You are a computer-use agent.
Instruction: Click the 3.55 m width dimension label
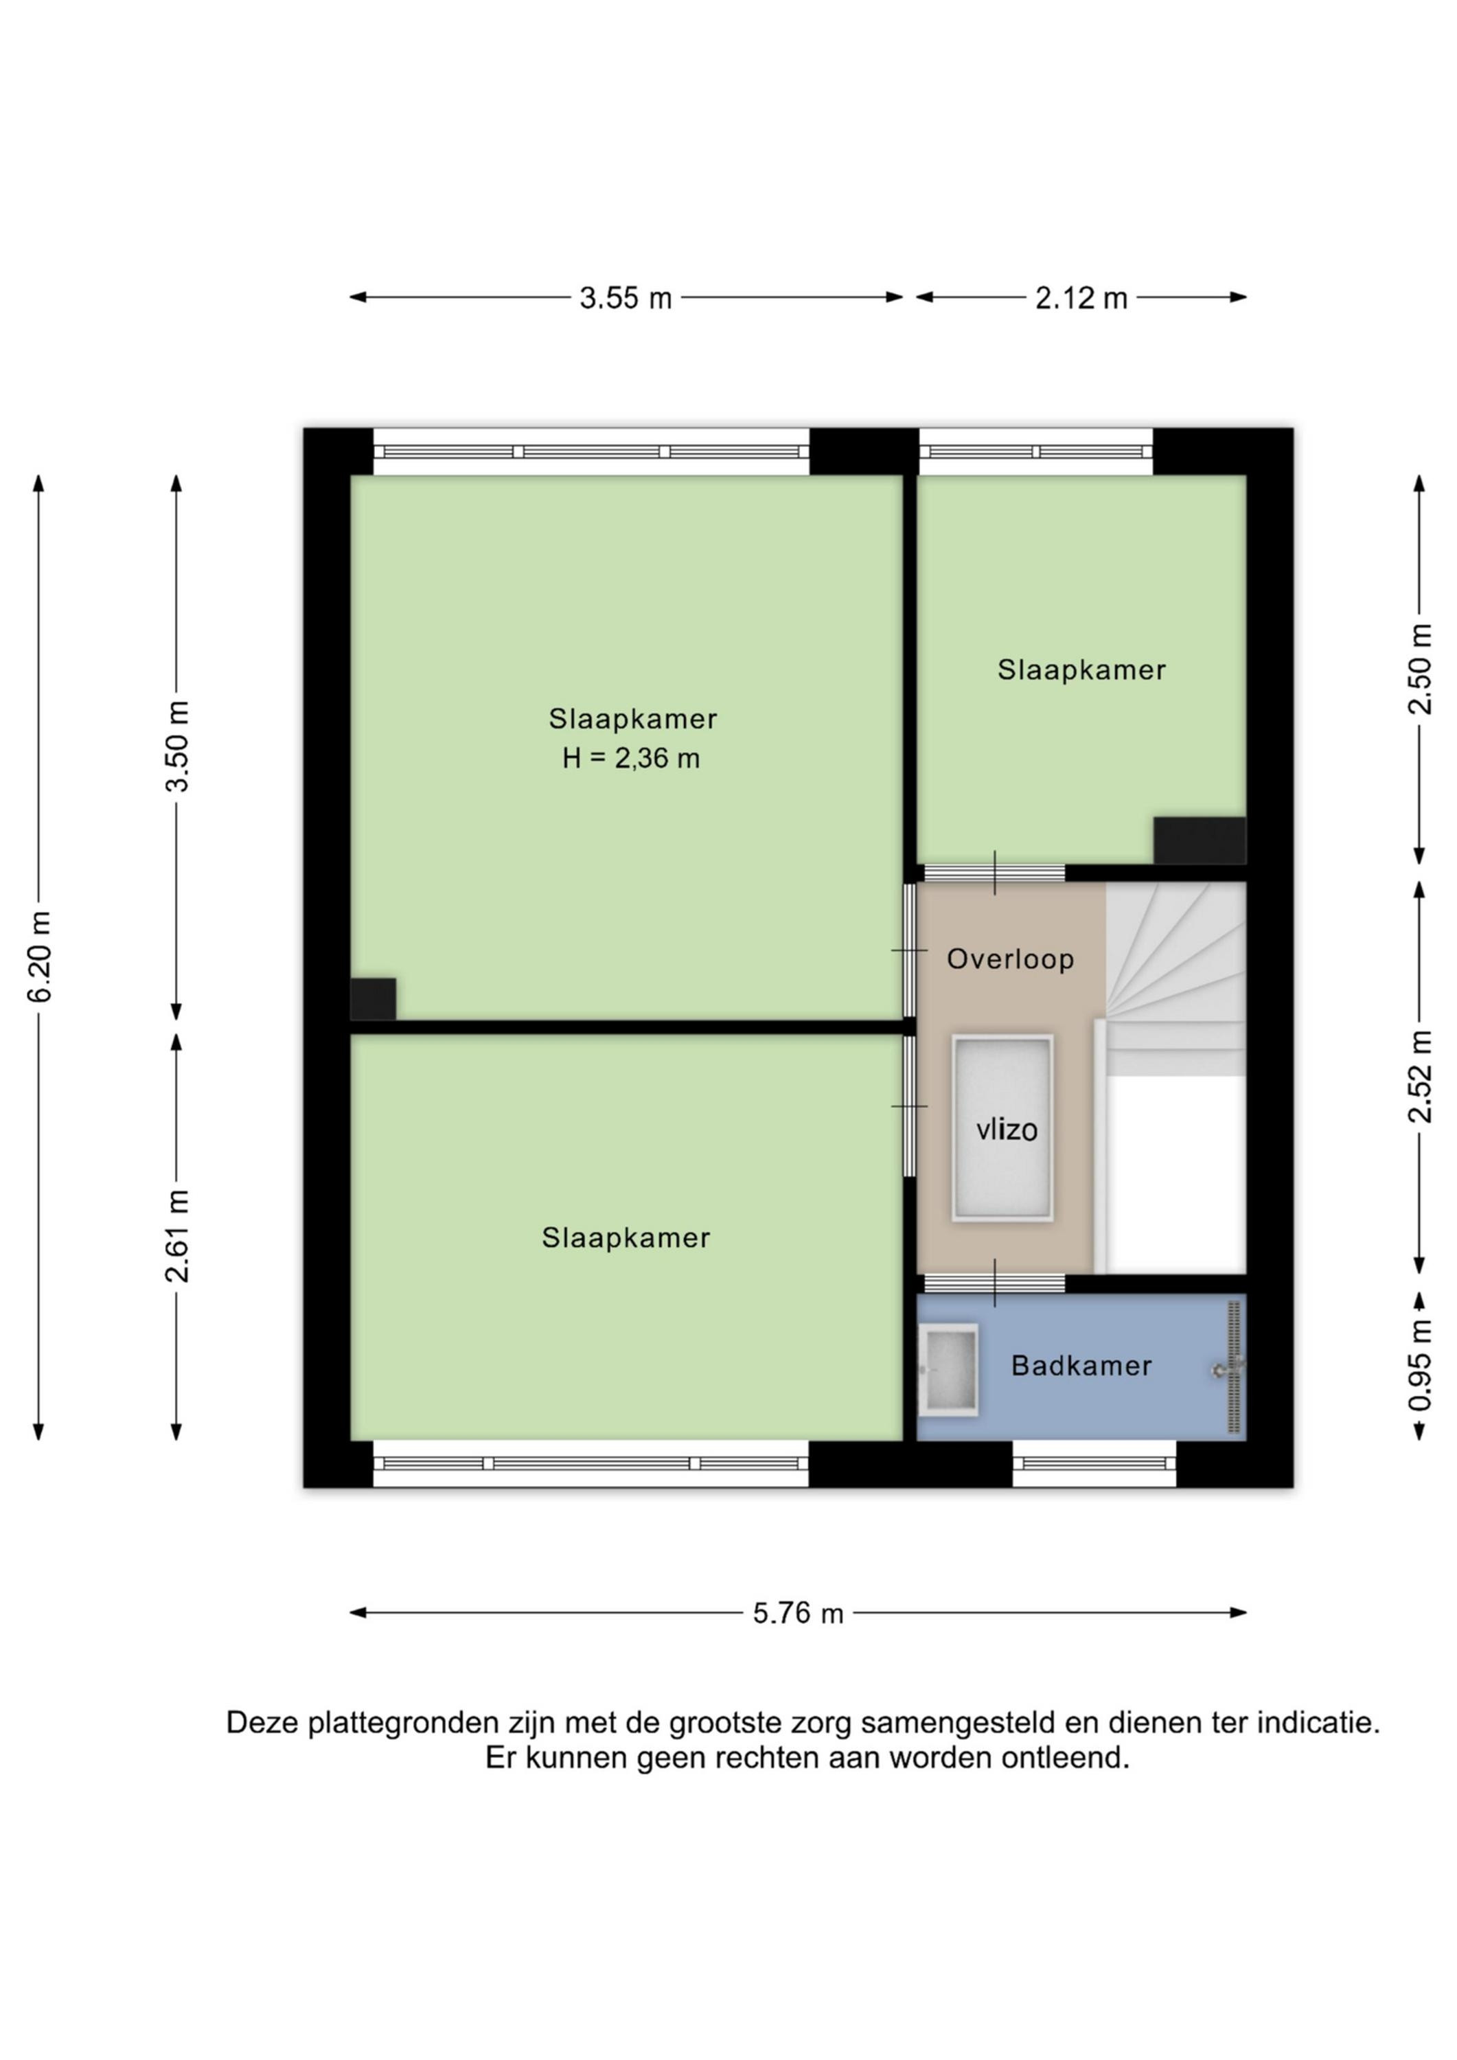click(x=626, y=298)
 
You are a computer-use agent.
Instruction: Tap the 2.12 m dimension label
click(x=1081, y=298)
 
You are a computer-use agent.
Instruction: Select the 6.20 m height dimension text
click(x=39, y=957)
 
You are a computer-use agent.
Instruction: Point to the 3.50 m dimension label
click(x=178, y=746)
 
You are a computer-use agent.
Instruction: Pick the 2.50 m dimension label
click(x=1419, y=668)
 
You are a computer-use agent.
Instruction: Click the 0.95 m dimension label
click(x=1419, y=1364)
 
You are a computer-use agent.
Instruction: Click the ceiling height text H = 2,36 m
click(x=631, y=759)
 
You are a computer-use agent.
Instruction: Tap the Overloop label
click(x=1010, y=959)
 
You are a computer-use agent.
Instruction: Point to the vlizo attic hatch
click(x=1002, y=1129)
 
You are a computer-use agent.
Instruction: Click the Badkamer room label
click(x=1081, y=1366)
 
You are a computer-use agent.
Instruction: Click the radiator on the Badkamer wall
click(x=1235, y=1367)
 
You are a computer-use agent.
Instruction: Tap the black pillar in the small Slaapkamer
click(x=1200, y=840)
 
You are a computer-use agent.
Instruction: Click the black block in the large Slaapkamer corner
click(x=374, y=998)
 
